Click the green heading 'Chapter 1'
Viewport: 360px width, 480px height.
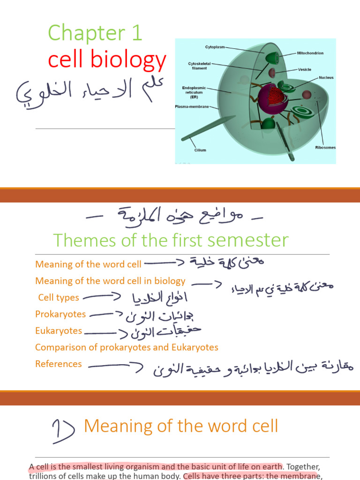pos(95,34)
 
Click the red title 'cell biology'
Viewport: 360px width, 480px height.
pos(107,60)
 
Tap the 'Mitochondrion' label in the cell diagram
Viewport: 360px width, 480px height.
pos(310,53)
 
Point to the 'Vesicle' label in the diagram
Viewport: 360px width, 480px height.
pos(304,69)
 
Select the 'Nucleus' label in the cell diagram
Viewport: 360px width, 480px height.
pos(326,77)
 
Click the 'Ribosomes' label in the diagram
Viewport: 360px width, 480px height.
pos(325,147)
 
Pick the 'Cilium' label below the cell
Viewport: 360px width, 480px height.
pos(200,150)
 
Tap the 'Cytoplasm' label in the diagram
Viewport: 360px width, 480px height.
pos(215,47)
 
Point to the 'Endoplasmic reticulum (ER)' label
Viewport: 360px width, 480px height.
pos(194,91)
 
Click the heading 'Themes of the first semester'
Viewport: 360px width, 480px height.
pos(171,240)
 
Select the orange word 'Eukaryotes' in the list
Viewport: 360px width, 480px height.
pos(59,331)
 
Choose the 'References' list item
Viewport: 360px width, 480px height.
pos(59,364)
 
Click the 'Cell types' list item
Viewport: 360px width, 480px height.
pos(59,298)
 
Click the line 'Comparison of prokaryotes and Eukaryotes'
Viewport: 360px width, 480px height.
pos(127,347)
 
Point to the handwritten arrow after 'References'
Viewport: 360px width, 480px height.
pos(115,366)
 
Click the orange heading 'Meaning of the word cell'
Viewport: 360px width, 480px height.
pos(181,426)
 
